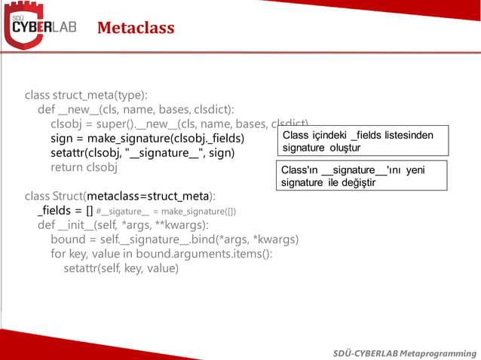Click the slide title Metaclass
(x=136, y=29)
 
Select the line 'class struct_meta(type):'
(x=86, y=96)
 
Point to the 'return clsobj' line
(x=84, y=167)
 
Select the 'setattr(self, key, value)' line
(x=121, y=268)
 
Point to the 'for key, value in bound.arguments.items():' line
(x=161, y=254)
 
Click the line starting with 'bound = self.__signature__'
(x=174, y=239)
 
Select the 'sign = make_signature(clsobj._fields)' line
(x=148, y=139)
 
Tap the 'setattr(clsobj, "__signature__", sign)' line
(x=142, y=153)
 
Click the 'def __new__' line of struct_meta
(x=136, y=110)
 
